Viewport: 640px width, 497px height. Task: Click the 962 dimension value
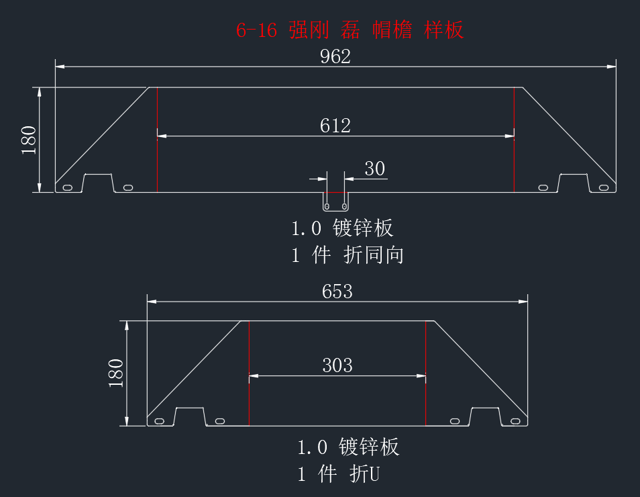(335, 56)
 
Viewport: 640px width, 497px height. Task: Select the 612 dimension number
(335, 126)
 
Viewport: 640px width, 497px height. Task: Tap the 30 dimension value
(375, 169)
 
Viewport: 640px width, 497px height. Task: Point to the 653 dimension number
(337, 291)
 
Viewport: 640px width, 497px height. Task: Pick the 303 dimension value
(337, 365)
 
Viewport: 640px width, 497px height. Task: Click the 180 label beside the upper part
(29, 140)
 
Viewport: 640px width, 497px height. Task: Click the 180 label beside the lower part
(116, 373)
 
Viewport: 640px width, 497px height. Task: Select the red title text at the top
(350, 30)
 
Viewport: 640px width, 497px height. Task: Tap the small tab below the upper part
(335, 202)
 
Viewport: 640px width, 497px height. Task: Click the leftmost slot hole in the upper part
(67, 187)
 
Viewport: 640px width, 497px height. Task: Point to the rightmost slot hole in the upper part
(604, 187)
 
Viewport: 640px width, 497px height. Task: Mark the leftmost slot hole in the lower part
(159, 421)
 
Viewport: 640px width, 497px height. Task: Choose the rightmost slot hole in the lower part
(515, 421)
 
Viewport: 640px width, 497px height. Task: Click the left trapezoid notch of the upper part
(98, 175)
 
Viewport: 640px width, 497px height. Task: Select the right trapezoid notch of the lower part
(485, 408)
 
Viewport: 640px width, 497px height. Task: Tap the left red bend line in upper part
(157, 140)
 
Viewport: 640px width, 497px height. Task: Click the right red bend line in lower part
(426, 373)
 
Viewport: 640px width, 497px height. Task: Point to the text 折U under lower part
(364, 474)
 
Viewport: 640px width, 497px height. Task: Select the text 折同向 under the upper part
(374, 255)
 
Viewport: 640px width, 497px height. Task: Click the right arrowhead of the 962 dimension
(611, 66)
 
